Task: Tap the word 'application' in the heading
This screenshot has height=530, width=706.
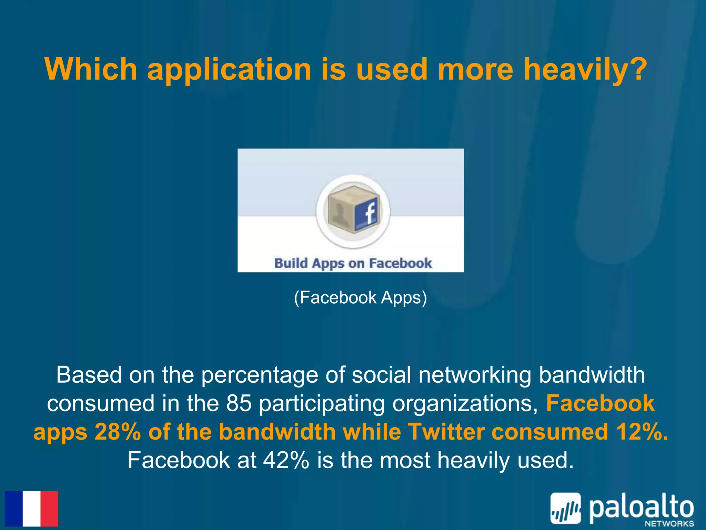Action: pyautogui.click(x=230, y=70)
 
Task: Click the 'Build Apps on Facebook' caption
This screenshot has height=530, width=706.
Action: pyautogui.click(x=353, y=263)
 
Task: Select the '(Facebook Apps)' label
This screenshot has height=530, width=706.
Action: pyautogui.click(x=360, y=297)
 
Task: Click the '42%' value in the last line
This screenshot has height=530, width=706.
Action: pyautogui.click(x=286, y=460)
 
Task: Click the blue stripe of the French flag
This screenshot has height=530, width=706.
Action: pyautogui.click(x=14, y=509)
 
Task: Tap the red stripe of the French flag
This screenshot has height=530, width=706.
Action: pyautogui.click(x=49, y=509)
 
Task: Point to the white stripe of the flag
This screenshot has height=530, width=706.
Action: pyautogui.click(x=32, y=509)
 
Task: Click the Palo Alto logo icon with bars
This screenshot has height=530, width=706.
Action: pyautogui.click(x=565, y=508)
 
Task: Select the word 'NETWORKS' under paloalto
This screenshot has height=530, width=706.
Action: pyautogui.click(x=669, y=523)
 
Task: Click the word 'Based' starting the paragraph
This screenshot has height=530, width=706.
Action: pyautogui.click(x=89, y=375)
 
